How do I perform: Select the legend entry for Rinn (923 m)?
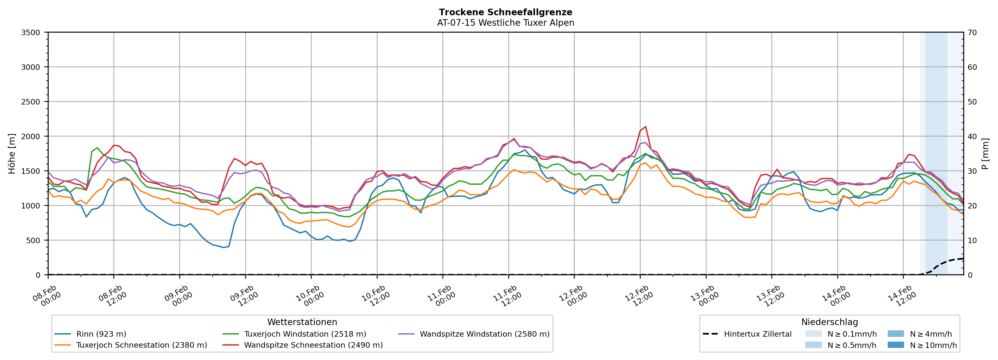click(101, 334)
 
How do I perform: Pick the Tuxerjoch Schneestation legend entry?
click(142, 345)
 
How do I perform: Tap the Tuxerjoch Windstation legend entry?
click(305, 334)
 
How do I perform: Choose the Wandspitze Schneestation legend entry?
click(313, 345)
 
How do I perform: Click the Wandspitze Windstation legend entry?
click(484, 334)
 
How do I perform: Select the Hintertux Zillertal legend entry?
click(757, 334)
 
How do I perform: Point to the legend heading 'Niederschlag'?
click(829, 322)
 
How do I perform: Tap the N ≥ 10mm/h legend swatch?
click(896, 345)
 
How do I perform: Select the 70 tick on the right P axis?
click(972, 33)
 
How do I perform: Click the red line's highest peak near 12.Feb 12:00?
click(645, 127)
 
